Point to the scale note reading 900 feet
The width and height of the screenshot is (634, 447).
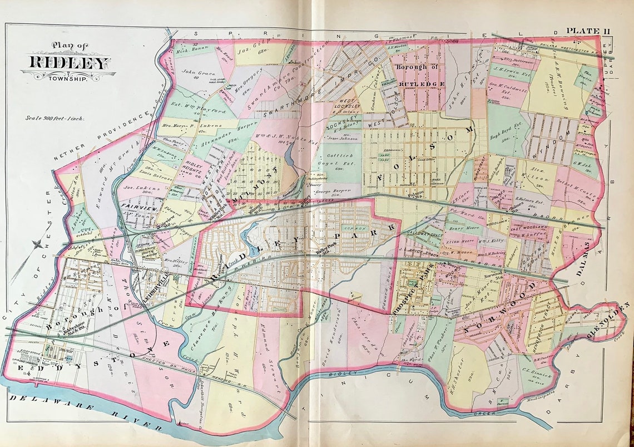click(x=54, y=118)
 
